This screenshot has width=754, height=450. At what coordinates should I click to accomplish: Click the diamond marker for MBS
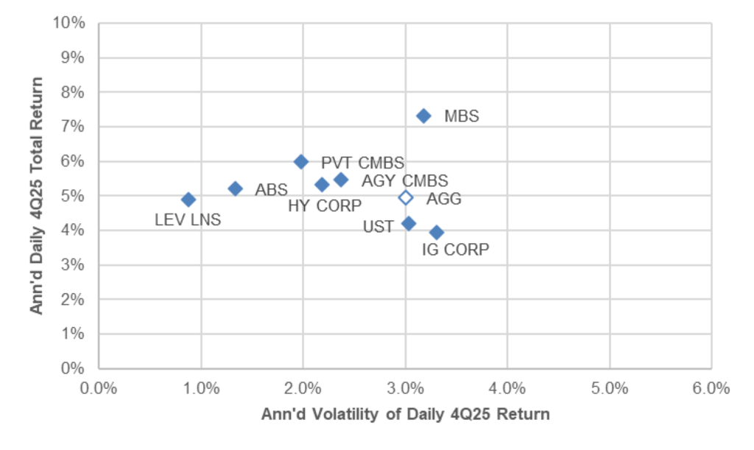(x=423, y=116)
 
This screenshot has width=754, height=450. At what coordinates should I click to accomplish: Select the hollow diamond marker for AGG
(x=406, y=197)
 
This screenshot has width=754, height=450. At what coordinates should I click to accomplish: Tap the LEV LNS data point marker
(x=188, y=200)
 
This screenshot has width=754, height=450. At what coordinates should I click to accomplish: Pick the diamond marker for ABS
(x=236, y=189)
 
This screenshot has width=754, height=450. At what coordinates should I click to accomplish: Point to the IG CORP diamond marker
(x=437, y=233)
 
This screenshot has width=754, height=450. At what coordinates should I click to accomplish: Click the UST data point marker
(x=409, y=223)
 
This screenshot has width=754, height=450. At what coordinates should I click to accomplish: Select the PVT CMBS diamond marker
(x=301, y=161)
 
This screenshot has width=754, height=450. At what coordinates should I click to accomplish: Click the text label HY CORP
(x=325, y=205)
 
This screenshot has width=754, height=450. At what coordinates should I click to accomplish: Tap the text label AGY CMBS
(x=404, y=181)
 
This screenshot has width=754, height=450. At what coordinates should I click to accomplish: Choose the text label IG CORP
(x=455, y=250)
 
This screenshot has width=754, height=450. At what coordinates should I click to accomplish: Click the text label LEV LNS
(x=188, y=219)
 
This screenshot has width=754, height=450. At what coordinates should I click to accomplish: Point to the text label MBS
(x=462, y=116)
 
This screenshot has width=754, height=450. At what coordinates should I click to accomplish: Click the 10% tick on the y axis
(x=72, y=23)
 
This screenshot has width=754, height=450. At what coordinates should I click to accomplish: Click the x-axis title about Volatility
(x=405, y=414)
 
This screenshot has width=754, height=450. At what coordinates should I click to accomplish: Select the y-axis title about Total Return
(x=36, y=195)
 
